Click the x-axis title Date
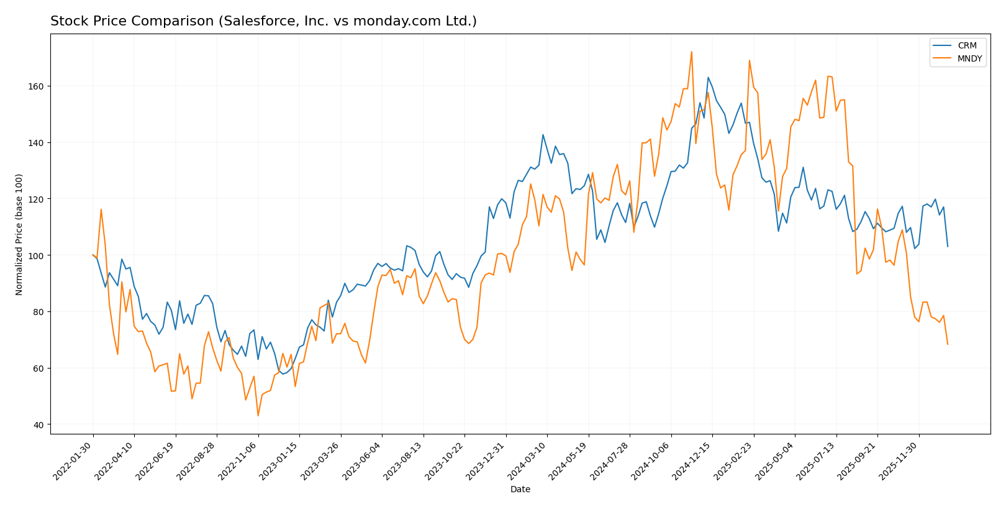point(520,490)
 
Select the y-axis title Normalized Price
point(19,234)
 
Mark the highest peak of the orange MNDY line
point(691,52)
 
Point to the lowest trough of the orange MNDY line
point(258,416)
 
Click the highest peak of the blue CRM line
point(708,77)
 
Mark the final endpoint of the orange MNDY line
point(948,344)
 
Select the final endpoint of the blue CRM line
point(948,247)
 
